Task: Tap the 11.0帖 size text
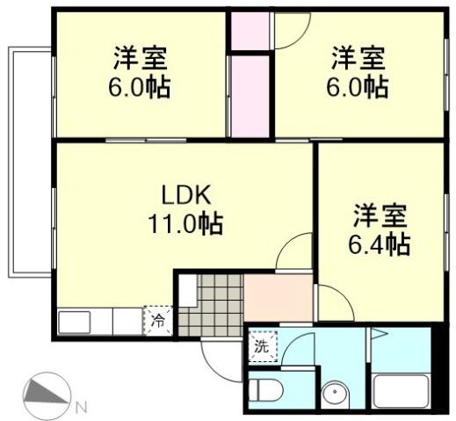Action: pyautogui.click(x=185, y=223)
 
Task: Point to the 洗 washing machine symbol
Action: pyautogui.click(x=261, y=345)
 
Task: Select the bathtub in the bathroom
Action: pyautogui.click(x=401, y=388)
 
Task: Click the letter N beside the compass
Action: pyautogui.click(x=80, y=406)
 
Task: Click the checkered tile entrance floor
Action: pyautogui.click(x=211, y=303)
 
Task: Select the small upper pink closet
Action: pyautogui.click(x=250, y=31)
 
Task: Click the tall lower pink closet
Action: pyautogui.click(x=250, y=95)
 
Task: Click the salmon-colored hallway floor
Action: pyautogui.click(x=278, y=299)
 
